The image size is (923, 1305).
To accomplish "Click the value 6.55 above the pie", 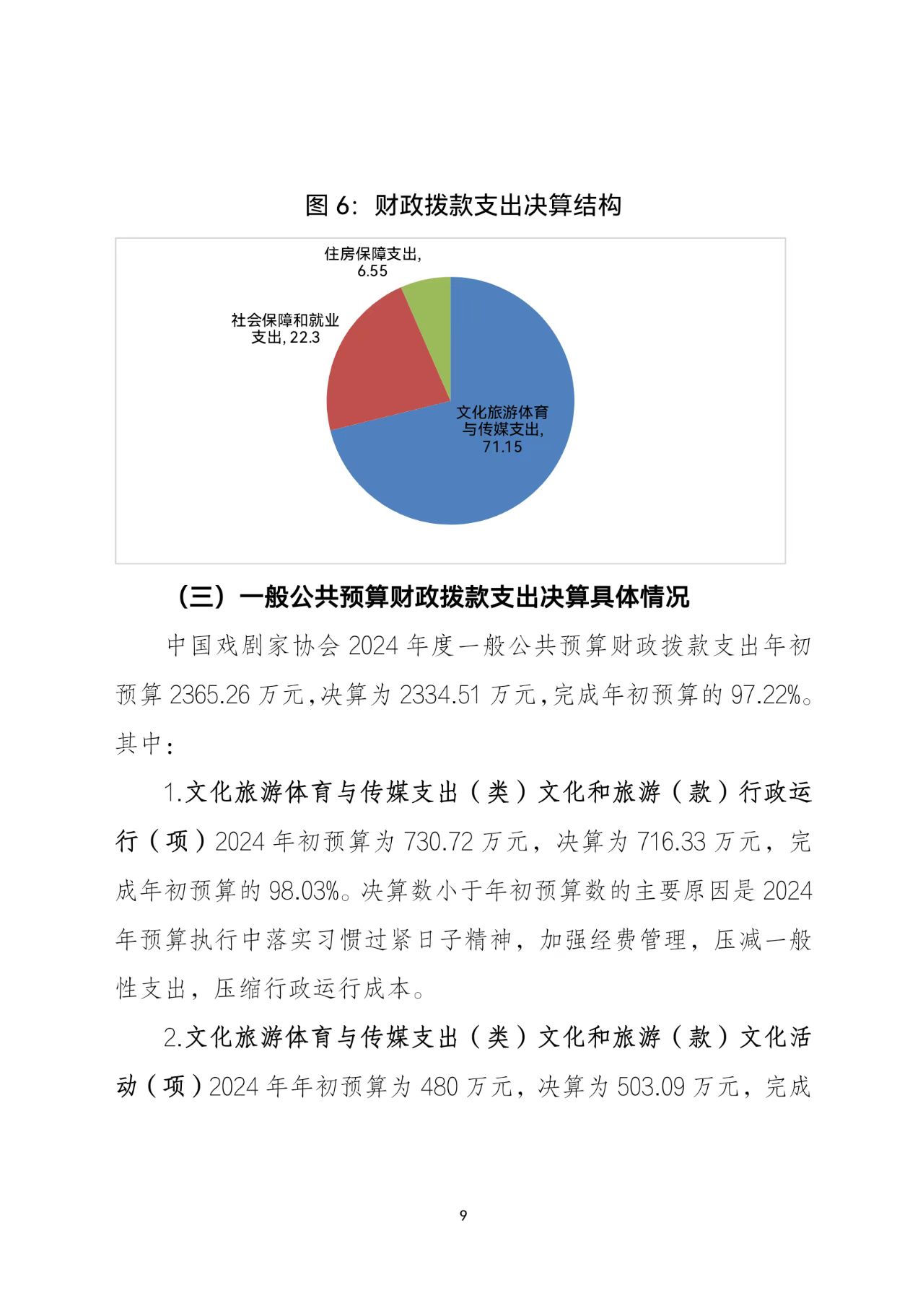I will tap(372, 271).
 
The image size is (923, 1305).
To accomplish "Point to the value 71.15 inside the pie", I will tap(502, 447).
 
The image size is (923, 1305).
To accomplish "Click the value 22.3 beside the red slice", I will tap(305, 338).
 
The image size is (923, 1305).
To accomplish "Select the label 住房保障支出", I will tap(370, 254).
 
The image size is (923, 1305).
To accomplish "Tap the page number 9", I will tap(463, 1216).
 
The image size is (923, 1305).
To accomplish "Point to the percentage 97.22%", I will tap(766, 695).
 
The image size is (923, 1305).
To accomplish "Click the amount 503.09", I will tap(650, 1086).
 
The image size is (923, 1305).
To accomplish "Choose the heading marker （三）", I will tap(203, 597).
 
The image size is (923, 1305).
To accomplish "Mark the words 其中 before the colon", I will tap(138, 744).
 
